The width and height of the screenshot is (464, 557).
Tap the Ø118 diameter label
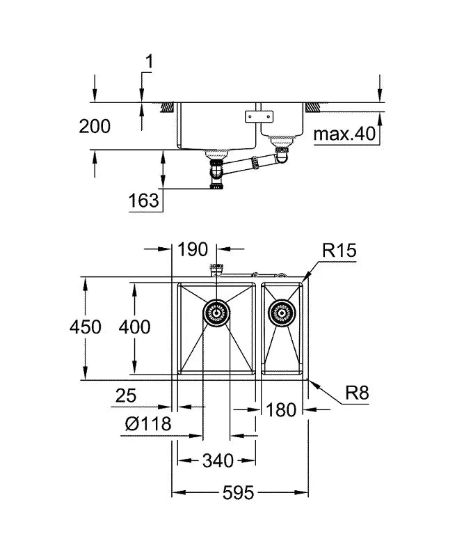pyautogui.click(x=145, y=424)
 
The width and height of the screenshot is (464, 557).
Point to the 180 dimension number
pyautogui.click(x=282, y=409)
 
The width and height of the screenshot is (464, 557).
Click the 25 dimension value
pyautogui.click(x=125, y=396)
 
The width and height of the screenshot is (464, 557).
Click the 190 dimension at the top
pyautogui.click(x=193, y=249)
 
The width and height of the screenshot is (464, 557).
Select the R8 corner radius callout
pyautogui.click(x=356, y=393)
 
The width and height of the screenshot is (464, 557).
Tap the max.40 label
pyautogui.click(x=344, y=134)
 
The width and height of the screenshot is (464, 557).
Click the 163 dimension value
pyautogui.click(x=144, y=201)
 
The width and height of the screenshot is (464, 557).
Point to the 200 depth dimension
pyautogui.click(x=94, y=126)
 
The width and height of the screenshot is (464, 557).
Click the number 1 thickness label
pyautogui.click(x=147, y=62)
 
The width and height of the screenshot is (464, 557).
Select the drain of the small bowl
pyautogui.click(x=282, y=313)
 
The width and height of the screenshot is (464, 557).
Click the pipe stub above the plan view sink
pyautogui.click(x=216, y=269)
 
